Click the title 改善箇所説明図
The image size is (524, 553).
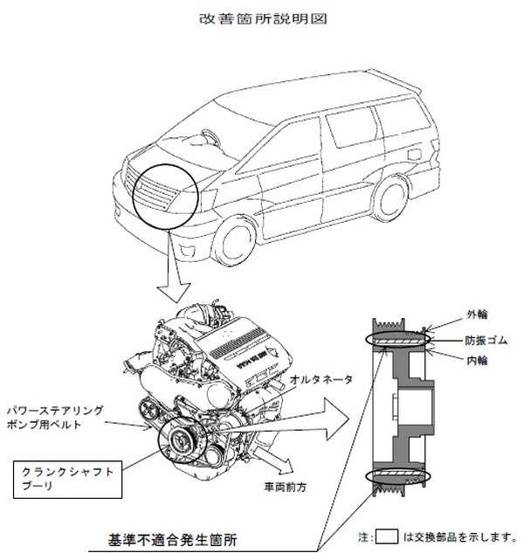coord(263,18)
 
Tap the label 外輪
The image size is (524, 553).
coord(478,315)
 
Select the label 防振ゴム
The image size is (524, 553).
coord(486,341)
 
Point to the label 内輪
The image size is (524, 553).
coord(478,361)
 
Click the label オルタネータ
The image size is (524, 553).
coord(321,380)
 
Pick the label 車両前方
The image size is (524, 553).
coord(285,487)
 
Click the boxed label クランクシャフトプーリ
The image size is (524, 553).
coord(68,480)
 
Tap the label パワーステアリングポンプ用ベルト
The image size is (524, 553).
coord(55,418)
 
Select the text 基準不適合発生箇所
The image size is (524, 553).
coord(172,540)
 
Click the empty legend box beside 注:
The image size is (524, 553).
coord(387,536)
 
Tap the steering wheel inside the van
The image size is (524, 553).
coord(210,138)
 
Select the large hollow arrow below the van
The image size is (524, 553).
coord(174,267)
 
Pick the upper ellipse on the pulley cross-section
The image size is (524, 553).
coord(398,340)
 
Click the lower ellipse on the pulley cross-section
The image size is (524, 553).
coord(398,477)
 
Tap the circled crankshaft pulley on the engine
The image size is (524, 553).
coord(182,439)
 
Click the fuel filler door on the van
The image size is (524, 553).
coord(414,154)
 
